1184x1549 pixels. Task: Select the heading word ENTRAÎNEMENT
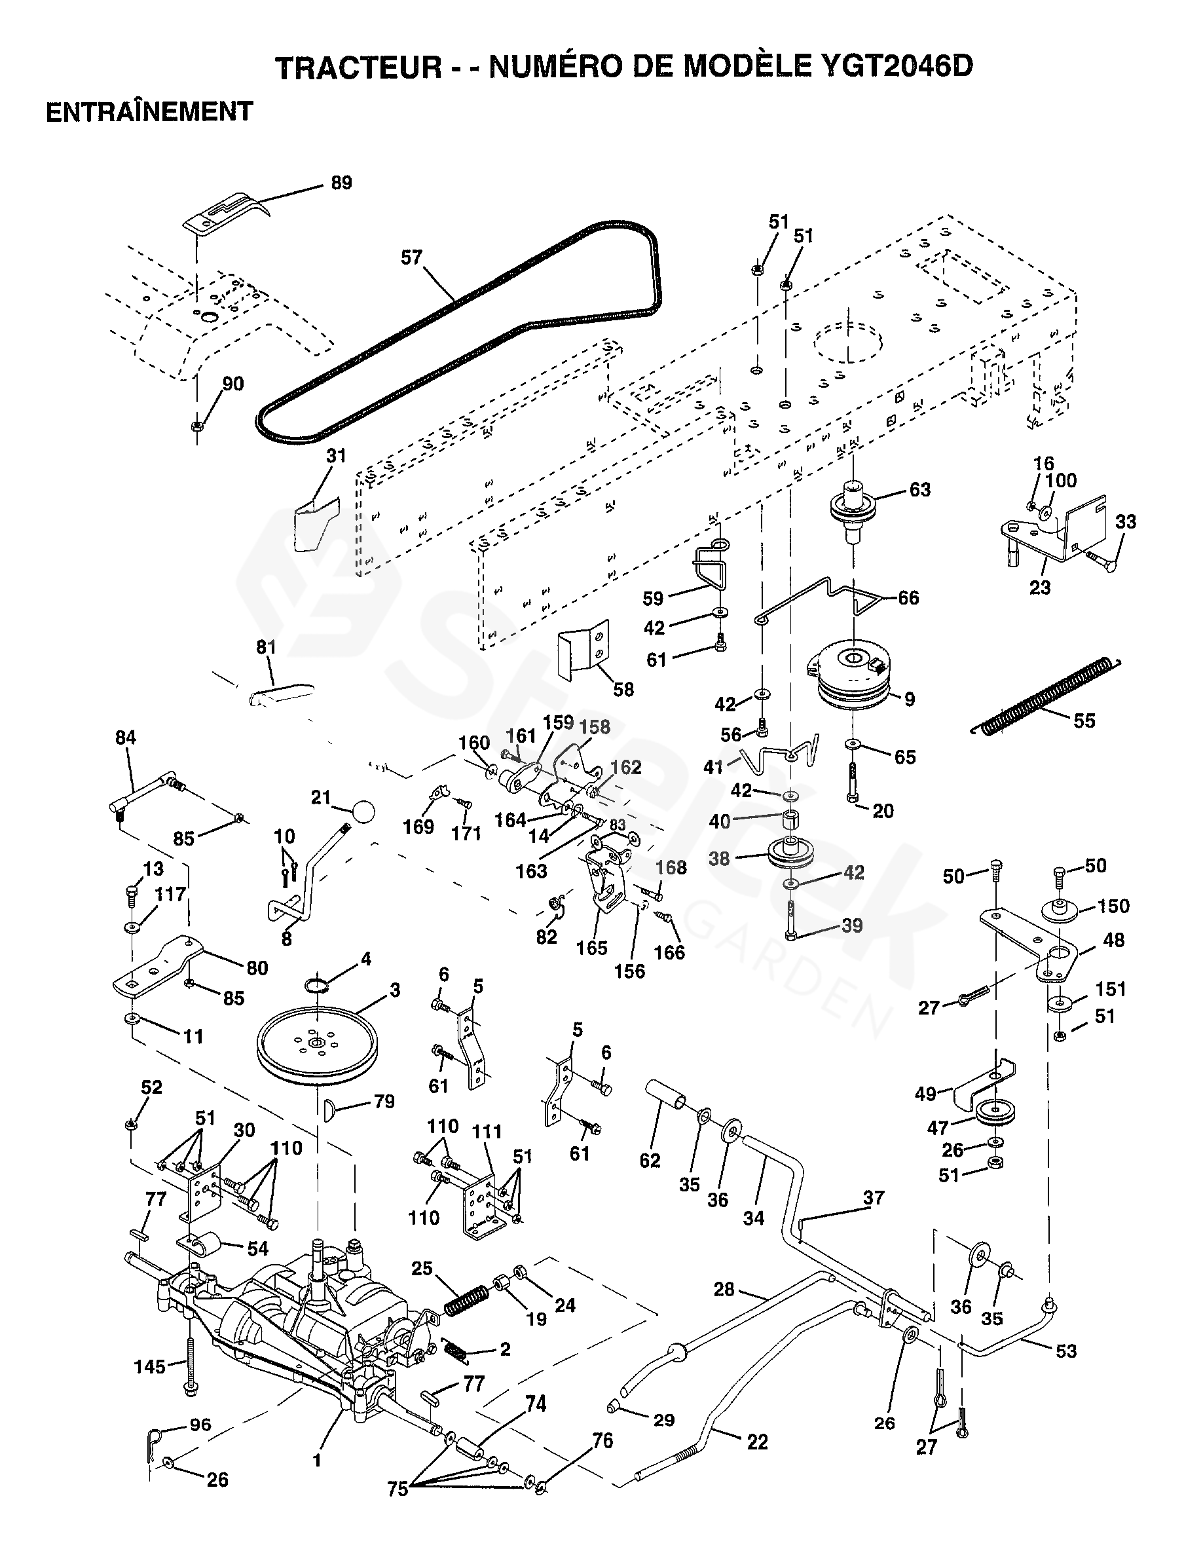tap(149, 112)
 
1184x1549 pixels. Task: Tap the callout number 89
tap(341, 183)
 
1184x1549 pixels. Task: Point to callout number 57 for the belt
tap(411, 258)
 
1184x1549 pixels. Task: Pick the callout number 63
tap(919, 489)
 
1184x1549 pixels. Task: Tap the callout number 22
tap(757, 1442)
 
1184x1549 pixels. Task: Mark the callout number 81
tap(266, 647)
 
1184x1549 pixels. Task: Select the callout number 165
tap(591, 947)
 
